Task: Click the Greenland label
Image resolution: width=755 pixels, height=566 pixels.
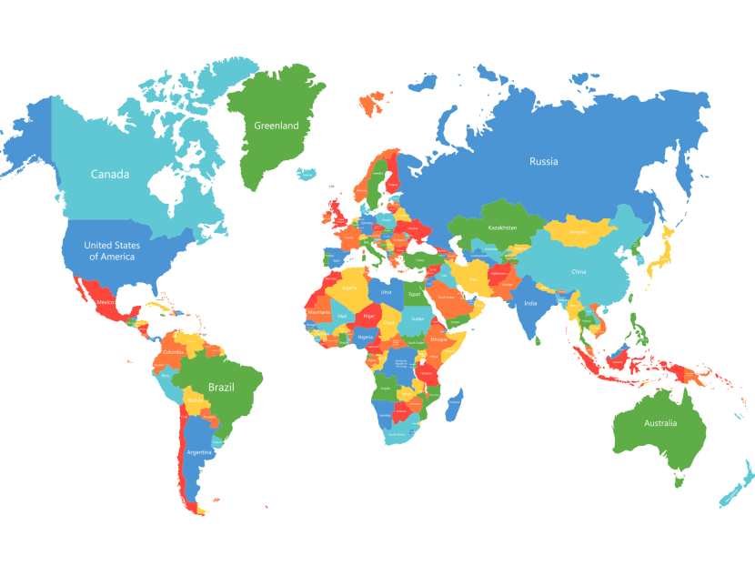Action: tap(276, 126)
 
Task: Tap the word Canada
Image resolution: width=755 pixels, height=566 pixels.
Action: tap(109, 174)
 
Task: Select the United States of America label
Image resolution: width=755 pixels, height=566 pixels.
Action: tap(111, 250)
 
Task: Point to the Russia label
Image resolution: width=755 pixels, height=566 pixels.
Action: tap(544, 162)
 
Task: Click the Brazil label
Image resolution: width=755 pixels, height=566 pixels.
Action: tap(221, 387)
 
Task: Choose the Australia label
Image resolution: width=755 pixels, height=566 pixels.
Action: tap(660, 423)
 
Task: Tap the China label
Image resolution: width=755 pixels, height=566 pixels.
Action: tap(579, 272)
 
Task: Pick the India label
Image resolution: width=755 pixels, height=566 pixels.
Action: tap(530, 303)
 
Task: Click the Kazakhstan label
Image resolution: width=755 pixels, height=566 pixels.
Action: tap(502, 227)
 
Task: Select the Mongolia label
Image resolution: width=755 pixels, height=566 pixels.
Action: tap(578, 232)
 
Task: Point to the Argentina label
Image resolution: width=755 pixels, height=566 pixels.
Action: tap(199, 451)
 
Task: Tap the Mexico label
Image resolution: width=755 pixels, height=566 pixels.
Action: tap(106, 301)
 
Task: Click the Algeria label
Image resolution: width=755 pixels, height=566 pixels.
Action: tap(349, 288)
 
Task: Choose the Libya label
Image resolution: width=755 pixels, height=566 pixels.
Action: tap(386, 292)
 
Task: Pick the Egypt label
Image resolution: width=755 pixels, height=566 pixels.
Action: tap(415, 294)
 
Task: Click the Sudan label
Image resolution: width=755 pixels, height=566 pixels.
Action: tap(418, 318)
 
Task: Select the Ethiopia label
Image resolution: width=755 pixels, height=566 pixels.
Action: tap(438, 339)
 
